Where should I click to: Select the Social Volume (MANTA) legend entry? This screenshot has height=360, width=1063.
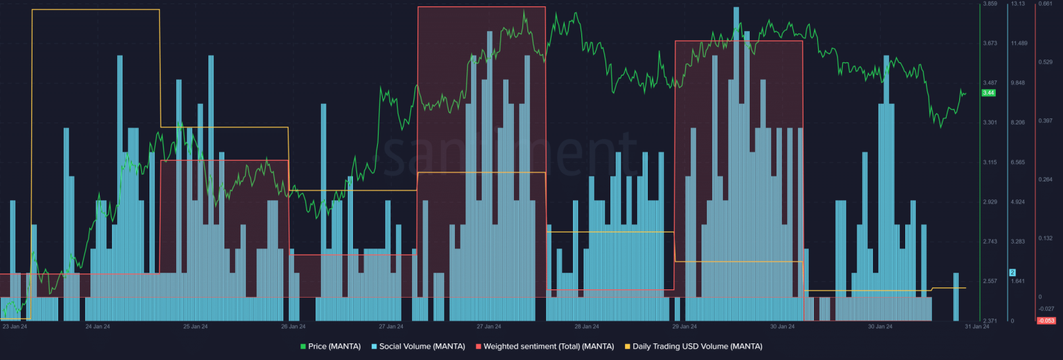418,346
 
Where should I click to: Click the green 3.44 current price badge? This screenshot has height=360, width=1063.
988,93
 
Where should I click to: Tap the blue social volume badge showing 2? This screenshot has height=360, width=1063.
1012,272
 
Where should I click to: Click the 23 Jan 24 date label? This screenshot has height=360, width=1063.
15,326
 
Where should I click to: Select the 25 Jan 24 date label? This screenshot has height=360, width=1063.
195,326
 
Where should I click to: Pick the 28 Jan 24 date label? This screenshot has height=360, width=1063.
586,326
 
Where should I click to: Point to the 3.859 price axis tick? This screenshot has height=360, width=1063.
990,4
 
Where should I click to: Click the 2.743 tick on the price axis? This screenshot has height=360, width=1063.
990,242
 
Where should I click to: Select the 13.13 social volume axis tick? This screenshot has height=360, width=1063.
1018,4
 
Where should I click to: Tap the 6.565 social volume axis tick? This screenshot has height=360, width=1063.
1018,163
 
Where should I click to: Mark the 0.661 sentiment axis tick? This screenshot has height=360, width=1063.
1045,4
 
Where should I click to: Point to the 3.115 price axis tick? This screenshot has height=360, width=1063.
990,163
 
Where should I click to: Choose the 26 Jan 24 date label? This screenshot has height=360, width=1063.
293,326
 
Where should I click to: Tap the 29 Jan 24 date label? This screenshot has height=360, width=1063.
684,326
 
